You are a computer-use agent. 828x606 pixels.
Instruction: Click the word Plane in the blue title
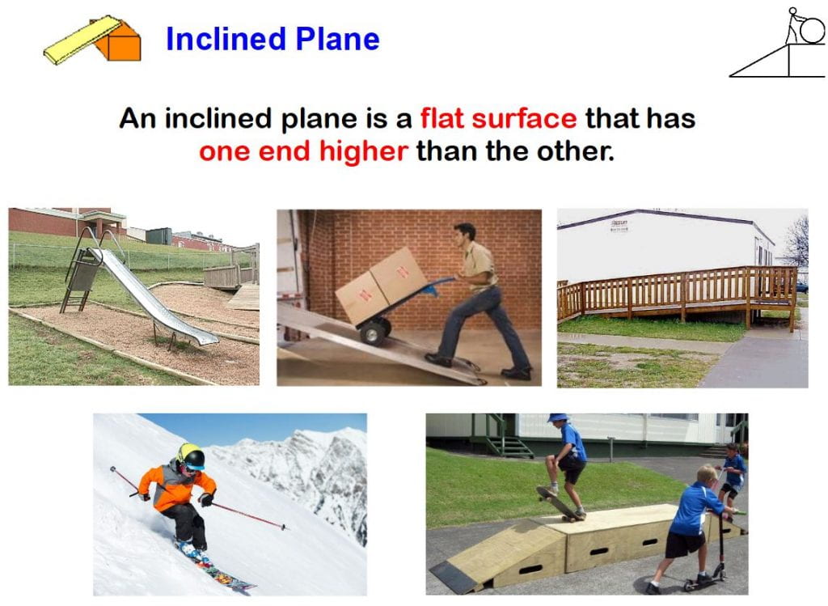click(337, 39)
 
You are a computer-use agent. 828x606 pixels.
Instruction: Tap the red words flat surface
click(498, 117)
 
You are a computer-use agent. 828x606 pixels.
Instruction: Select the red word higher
click(363, 151)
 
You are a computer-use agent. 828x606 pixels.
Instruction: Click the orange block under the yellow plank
click(119, 41)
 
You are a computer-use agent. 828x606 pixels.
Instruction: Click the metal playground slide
click(153, 297)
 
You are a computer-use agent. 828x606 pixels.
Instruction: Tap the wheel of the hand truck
click(374, 333)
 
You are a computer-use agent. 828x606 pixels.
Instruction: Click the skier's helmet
click(191, 456)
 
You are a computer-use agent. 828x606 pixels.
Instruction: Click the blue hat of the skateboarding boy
click(558, 417)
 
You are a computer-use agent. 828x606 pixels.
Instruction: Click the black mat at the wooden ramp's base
click(453, 577)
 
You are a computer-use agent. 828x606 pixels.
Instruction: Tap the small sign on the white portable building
click(619, 226)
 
